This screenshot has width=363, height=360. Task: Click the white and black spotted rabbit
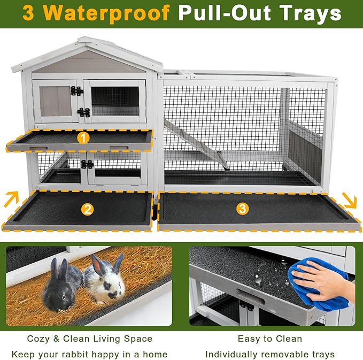105,281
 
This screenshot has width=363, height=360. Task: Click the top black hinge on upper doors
78,91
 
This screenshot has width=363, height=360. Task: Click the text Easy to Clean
270,339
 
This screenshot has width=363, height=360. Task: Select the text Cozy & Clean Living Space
89,339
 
